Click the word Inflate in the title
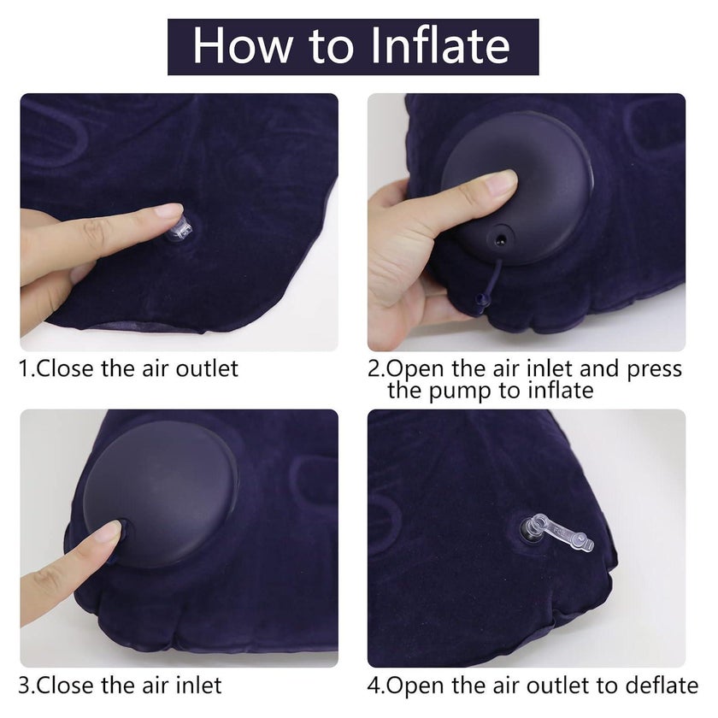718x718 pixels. coord(440,46)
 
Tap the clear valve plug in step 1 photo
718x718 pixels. coord(181,230)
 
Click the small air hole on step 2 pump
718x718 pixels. coord(501,238)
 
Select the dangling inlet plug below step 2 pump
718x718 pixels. coord(480,300)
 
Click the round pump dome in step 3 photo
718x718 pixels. coord(161,492)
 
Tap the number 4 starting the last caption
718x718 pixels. coord(374,686)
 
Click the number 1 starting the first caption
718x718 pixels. coord(24,369)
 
